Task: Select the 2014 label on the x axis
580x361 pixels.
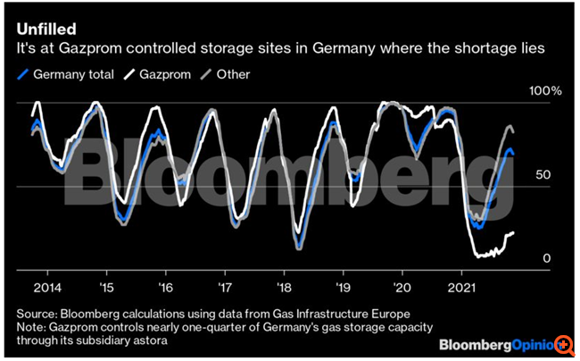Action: (x=47, y=289)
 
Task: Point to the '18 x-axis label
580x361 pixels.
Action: (x=284, y=289)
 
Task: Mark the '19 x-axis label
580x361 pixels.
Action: (x=344, y=289)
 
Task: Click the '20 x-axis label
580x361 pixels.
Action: (x=403, y=289)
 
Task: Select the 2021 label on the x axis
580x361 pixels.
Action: (x=462, y=289)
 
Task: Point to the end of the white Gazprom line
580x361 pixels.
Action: (x=514, y=233)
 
